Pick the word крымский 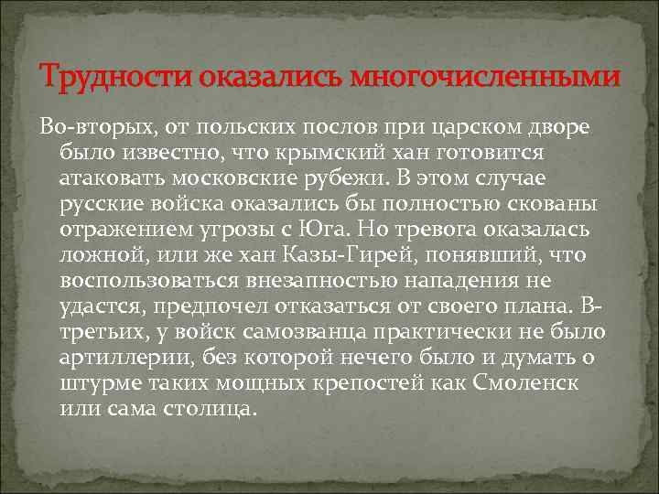click(340, 149)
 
